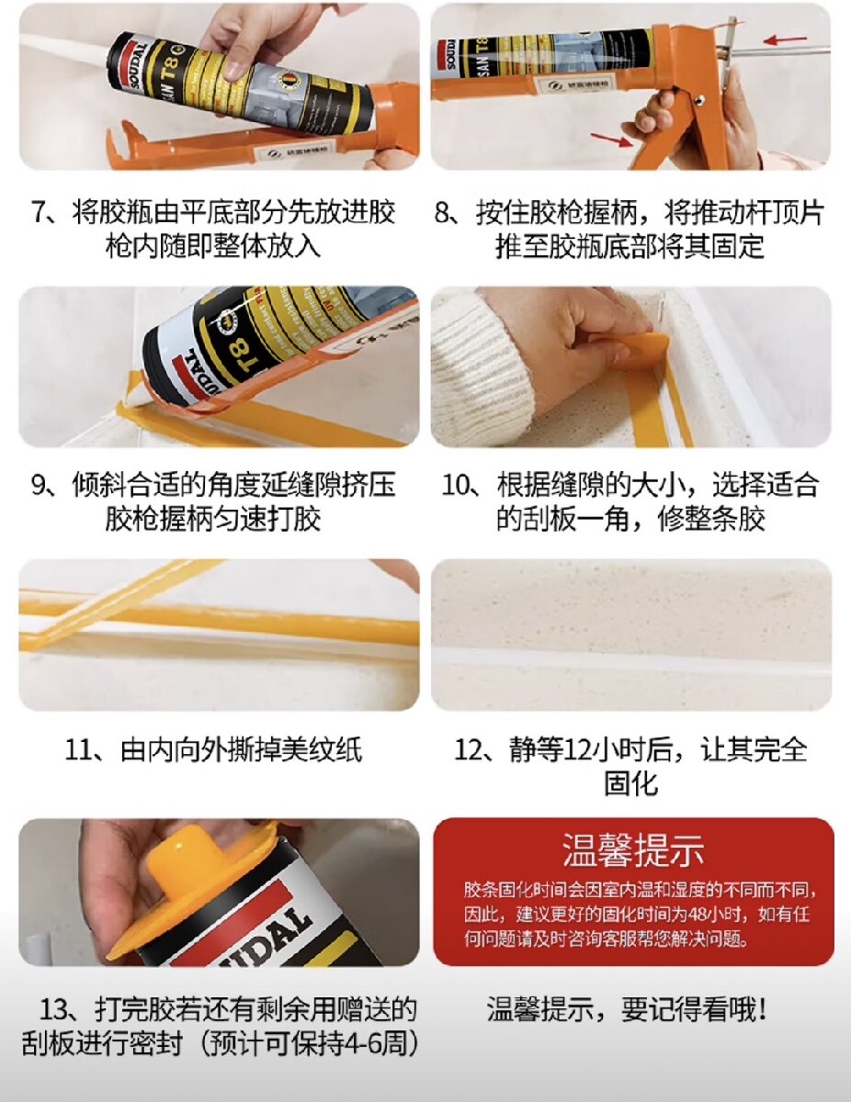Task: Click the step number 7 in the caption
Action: (x=40, y=211)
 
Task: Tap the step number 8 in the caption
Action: (x=442, y=211)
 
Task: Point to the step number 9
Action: (x=40, y=485)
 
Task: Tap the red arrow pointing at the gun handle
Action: (x=612, y=138)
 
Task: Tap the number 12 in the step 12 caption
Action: (x=578, y=750)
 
